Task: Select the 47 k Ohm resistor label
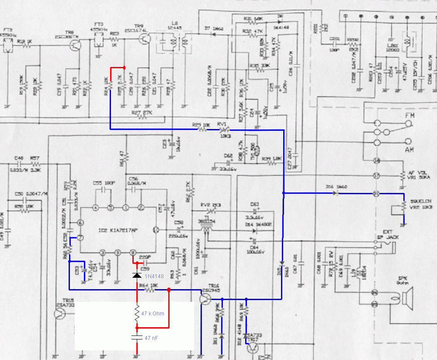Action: pos(153,314)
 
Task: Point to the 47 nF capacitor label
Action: pos(151,338)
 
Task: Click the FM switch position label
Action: pos(410,115)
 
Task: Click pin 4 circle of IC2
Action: pos(96,207)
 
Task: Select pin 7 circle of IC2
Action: pos(80,238)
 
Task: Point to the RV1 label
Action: pos(222,124)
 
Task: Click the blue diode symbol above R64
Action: pos(137,276)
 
